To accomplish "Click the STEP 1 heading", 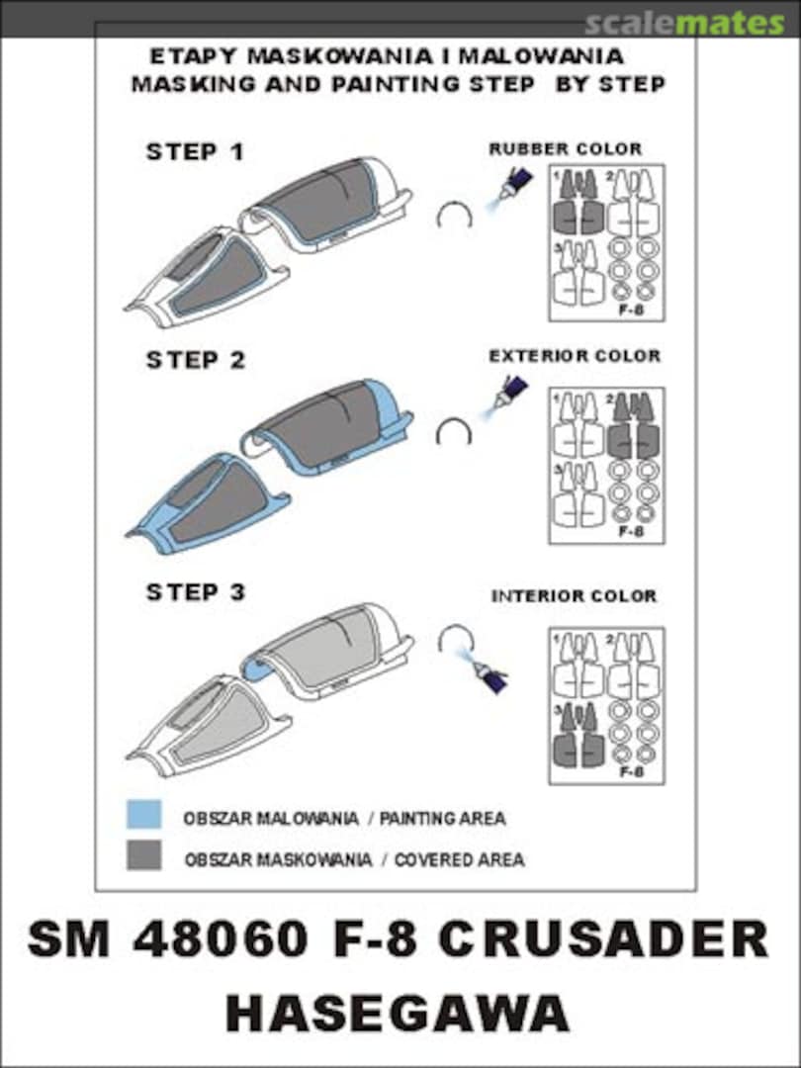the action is coord(195,151).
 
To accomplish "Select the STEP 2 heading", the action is coord(196,360).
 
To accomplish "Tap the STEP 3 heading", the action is coord(196,592).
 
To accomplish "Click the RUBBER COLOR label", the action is coord(566,148).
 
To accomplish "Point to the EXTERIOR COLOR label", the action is coord(575,356).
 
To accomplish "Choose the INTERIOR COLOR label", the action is coord(575,596).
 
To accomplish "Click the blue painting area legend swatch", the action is coord(143,815).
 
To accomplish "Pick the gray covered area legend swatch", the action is coord(143,854).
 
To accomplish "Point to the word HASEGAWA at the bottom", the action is coord(398,1014).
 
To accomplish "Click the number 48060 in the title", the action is coord(222,940).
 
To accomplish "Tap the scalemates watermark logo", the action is coord(684,24).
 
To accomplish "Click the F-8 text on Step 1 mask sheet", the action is coord(631,310).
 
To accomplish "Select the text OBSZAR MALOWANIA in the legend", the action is coord(270,818).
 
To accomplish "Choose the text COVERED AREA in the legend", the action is coord(459,859).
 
